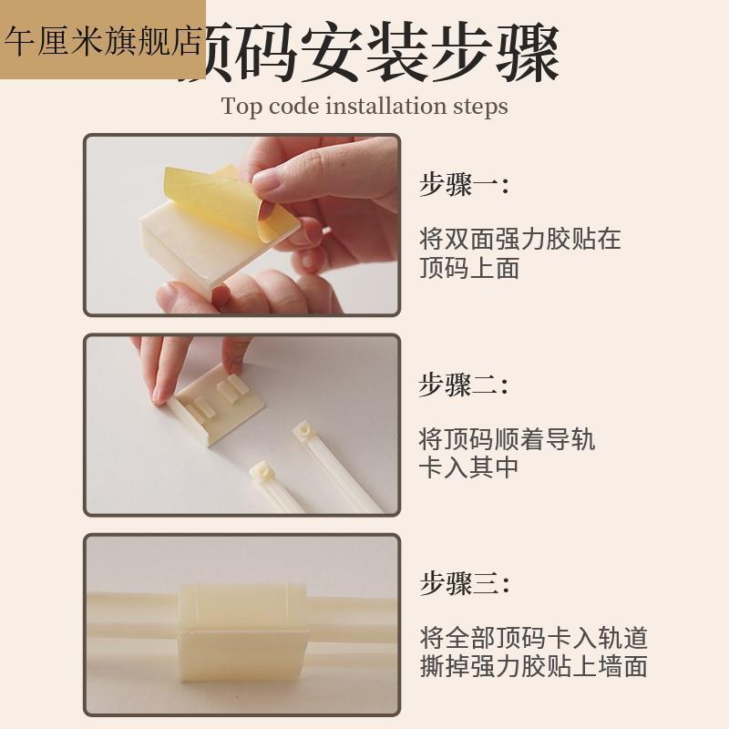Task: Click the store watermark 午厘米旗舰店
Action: click(x=102, y=40)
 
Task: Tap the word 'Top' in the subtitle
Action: click(x=241, y=106)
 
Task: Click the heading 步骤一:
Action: click(x=463, y=185)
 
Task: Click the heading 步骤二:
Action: click(x=463, y=385)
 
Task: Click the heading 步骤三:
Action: click(x=463, y=583)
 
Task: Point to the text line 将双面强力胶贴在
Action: click(x=519, y=240)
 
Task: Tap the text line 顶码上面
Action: click(x=468, y=269)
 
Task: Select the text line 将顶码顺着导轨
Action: click(x=507, y=439)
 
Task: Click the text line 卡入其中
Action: click(x=468, y=468)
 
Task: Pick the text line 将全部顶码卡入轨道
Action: click(x=533, y=637)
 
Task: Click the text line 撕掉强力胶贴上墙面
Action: click(x=533, y=666)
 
